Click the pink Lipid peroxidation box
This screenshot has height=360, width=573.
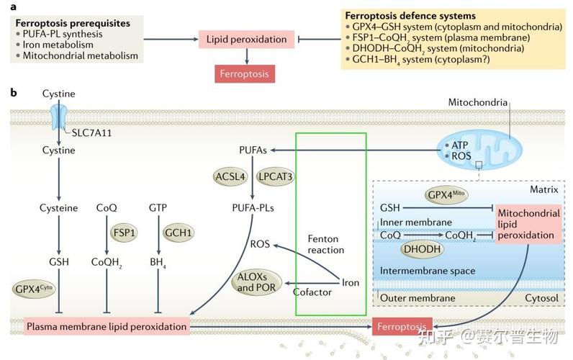[247, 40]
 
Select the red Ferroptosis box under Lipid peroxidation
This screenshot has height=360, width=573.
[247, 73]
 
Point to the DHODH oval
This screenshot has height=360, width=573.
[422, 249]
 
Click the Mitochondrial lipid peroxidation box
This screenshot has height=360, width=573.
[529, 224]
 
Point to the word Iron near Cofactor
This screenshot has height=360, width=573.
[350, 283]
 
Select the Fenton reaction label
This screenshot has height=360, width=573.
[326, 243]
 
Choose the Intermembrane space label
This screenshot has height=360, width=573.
[428, 271]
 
